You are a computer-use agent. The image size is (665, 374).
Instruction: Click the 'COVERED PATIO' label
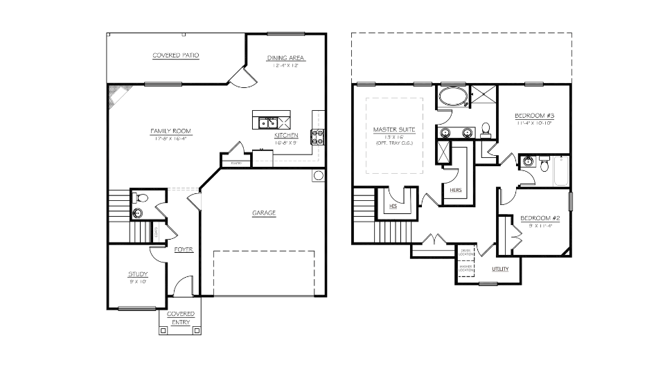click(176, 55)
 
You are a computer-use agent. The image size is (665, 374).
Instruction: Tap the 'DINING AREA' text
click(286, 58)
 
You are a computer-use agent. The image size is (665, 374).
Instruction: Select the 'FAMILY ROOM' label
click(171, 131)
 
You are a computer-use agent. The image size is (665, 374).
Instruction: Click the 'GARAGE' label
click(264, 213)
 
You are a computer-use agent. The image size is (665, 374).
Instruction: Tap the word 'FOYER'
click(184, 249)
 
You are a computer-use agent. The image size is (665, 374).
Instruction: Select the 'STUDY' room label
click(138, 274)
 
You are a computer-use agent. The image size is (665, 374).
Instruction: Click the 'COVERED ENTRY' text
click(181, 318)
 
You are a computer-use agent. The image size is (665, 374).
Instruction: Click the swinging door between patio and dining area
click(240, 78)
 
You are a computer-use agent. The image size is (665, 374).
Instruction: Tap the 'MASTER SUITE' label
click(393, 130)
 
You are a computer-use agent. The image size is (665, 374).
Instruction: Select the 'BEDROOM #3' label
click(533, 116)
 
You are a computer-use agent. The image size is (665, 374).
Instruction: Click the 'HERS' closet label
click(456, 189)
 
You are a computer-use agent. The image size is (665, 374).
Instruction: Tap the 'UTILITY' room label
click(501, 269)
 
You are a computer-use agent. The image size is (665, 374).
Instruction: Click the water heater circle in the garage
click(318, 176)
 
